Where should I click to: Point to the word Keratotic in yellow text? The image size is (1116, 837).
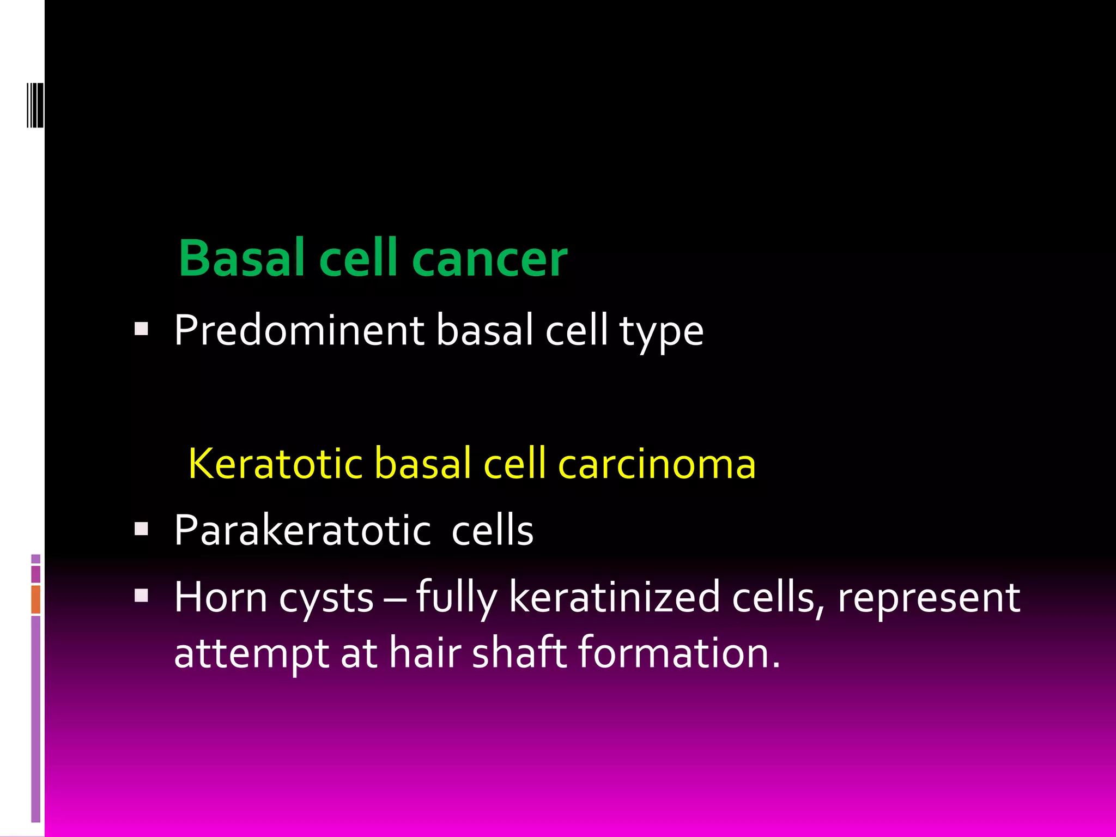click(x=275, y=464)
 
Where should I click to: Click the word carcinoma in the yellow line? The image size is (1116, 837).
click(x=657, y=464)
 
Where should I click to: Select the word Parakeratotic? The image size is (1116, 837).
click(x=302, y=530)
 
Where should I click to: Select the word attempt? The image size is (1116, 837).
click(x=251, y=653)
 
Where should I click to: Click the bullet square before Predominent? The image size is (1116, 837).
click(x=142, y=329)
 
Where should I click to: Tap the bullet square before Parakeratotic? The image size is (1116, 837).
click(x=142, y=529)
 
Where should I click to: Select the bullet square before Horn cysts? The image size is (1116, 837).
click(x=142, y=596)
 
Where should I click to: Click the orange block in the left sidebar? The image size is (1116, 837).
click(x=36, y=599)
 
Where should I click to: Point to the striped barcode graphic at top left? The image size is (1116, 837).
click(x=35, y=105)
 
